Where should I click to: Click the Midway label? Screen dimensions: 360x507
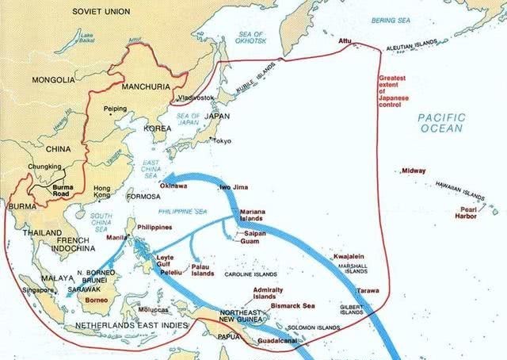[414, 170]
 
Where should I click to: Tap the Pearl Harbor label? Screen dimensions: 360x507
[463, 213]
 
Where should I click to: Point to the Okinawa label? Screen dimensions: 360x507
[173, 186]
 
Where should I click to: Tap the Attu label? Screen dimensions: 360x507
[345, 40]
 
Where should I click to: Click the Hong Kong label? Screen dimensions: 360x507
[101, 191]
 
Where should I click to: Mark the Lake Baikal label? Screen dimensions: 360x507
[85, 40]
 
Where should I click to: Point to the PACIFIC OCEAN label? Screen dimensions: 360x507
[443, 122]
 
